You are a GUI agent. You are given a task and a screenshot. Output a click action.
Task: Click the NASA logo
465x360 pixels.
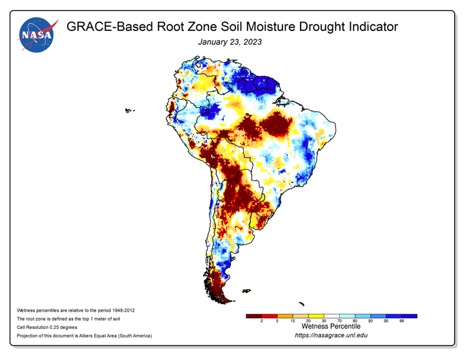pyautogui.click(x=37, y=35)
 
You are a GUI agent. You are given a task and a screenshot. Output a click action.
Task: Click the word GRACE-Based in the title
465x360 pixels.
pyautogui.click(x=110, y=26)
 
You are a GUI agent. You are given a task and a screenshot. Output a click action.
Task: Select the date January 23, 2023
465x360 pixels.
pyautogui.click(x=230, y=42)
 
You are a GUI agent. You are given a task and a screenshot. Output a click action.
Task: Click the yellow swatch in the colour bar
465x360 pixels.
pyautogui.click(x=316, y=316)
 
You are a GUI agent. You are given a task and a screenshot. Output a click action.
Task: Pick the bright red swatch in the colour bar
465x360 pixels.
pyautogui.click(x=270, y=316)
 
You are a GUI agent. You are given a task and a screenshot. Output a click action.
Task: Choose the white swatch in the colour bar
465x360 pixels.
pyautogui.click(x=331, y=316)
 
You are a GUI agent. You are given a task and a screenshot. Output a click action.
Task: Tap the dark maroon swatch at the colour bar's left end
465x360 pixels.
pyautogui.click(x=254, y=316)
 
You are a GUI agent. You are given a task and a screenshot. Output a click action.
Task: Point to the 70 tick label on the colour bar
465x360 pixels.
pyautogui.click(x=339, y=321)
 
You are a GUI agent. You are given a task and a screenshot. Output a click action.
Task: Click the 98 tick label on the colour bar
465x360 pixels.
pyautogui.click(x=402, y=321)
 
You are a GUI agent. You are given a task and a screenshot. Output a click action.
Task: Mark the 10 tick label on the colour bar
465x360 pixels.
pyautogui.click(x=293, y=321)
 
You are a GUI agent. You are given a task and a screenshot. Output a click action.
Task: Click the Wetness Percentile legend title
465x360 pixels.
pyautogui.click(x=331, y=326)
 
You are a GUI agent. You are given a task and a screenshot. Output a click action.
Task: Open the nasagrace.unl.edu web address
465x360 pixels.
pyautogui.click(x=331, y=335)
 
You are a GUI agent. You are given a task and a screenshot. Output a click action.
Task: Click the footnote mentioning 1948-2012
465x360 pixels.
pyautogui.click(x=75, y=310)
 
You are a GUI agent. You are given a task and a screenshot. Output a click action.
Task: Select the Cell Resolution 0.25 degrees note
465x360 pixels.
pyautogui.click(x=47, y=327)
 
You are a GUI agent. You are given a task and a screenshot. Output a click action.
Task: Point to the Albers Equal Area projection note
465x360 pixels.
pyautogui.click(x=84, y=335)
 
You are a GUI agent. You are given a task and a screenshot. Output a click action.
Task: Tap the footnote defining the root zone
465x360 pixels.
pyautogui.click(x=68, y=319)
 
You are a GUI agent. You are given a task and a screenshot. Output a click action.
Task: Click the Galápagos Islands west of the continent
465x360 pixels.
pyautogui.click(x=128, y=111)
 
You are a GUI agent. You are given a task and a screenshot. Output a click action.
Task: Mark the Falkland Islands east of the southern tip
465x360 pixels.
pyautogui.click(x=246, y=291)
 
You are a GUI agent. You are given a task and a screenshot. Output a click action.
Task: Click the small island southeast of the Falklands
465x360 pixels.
pyautogui.click(x=302, y=304)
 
